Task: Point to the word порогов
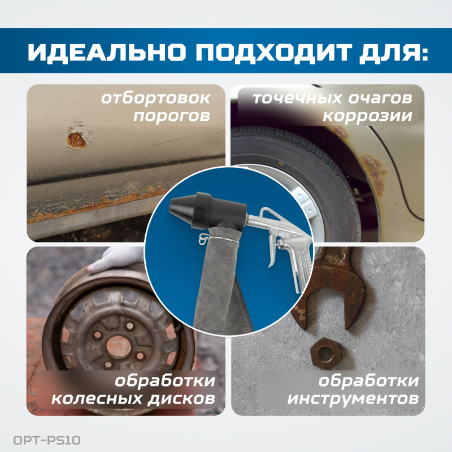click(176, 116)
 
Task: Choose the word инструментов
click(353, 398)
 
